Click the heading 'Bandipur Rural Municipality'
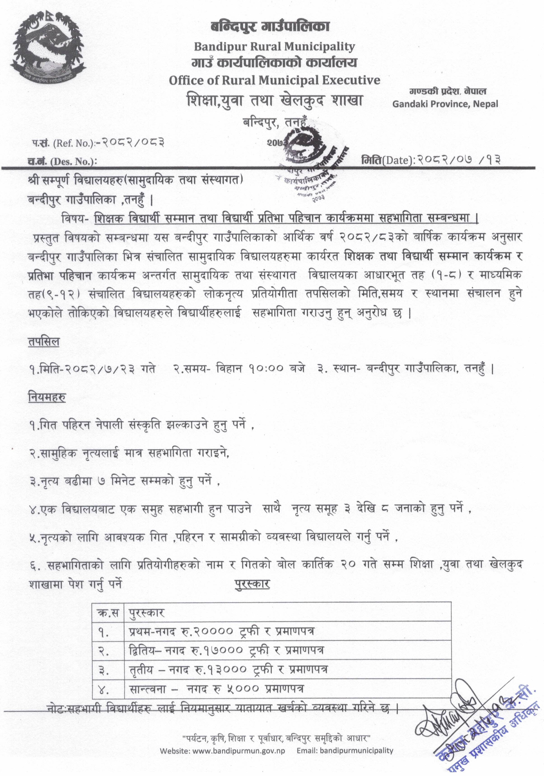[274, 46]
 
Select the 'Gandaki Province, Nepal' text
[445, 104]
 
